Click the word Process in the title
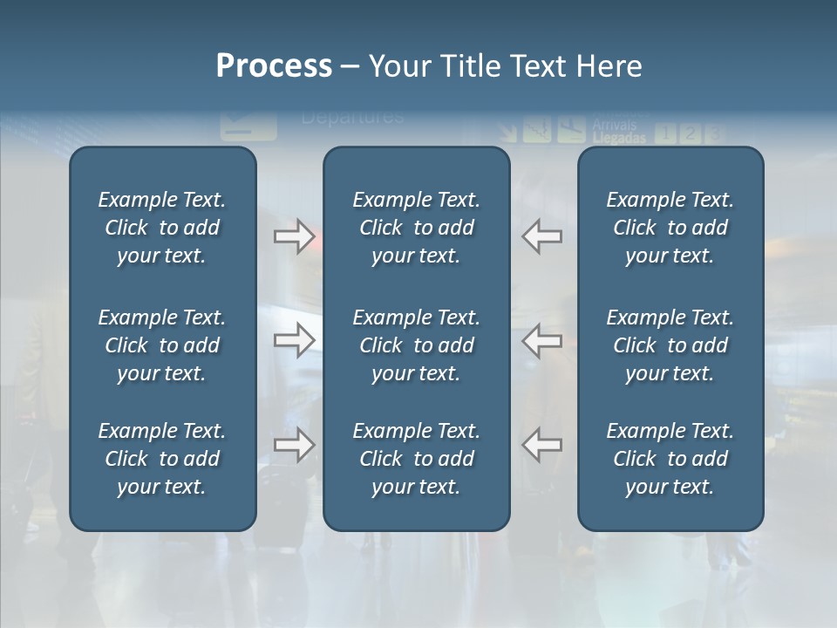tap(274, 66)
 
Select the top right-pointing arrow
tap(294, 236)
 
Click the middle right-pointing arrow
tap(294, 340)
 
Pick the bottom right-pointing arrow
tap(294, 446)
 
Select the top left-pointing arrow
tap(542, 236)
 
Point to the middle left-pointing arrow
tap(542, 340)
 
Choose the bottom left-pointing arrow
tap(542, 446)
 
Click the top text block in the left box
tap(162, 228)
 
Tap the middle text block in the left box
tap(162, 345)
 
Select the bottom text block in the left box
tap(162, 459)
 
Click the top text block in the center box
tap(416, 228)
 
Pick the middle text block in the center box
tap(416, 345)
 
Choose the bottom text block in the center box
tap(416, 459)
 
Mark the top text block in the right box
tap(670, 228)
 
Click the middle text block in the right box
tap(670, 345)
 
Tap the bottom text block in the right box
tap(670, 459)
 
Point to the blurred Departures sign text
tap(352, 117)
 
